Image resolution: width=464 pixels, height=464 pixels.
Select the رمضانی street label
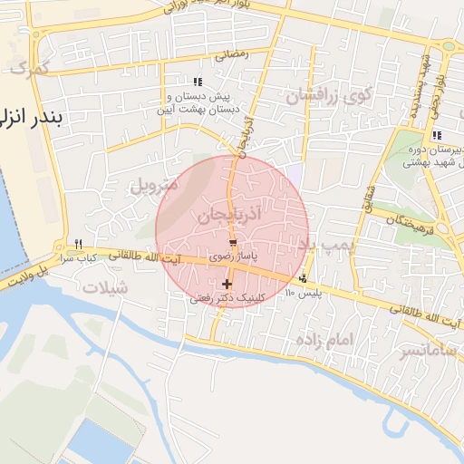[x=231, y=54]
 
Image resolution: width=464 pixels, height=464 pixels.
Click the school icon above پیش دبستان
[x=198, y=82]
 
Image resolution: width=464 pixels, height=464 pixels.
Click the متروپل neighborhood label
[x=129, y=188]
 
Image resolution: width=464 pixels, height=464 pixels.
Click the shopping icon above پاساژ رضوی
[x=234, y=244]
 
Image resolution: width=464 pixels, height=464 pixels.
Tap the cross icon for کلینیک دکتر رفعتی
[x=227, y=285]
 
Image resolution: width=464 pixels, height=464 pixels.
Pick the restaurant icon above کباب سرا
[x=79, y=244]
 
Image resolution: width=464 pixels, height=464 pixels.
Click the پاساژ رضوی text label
[x=234, y=257]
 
